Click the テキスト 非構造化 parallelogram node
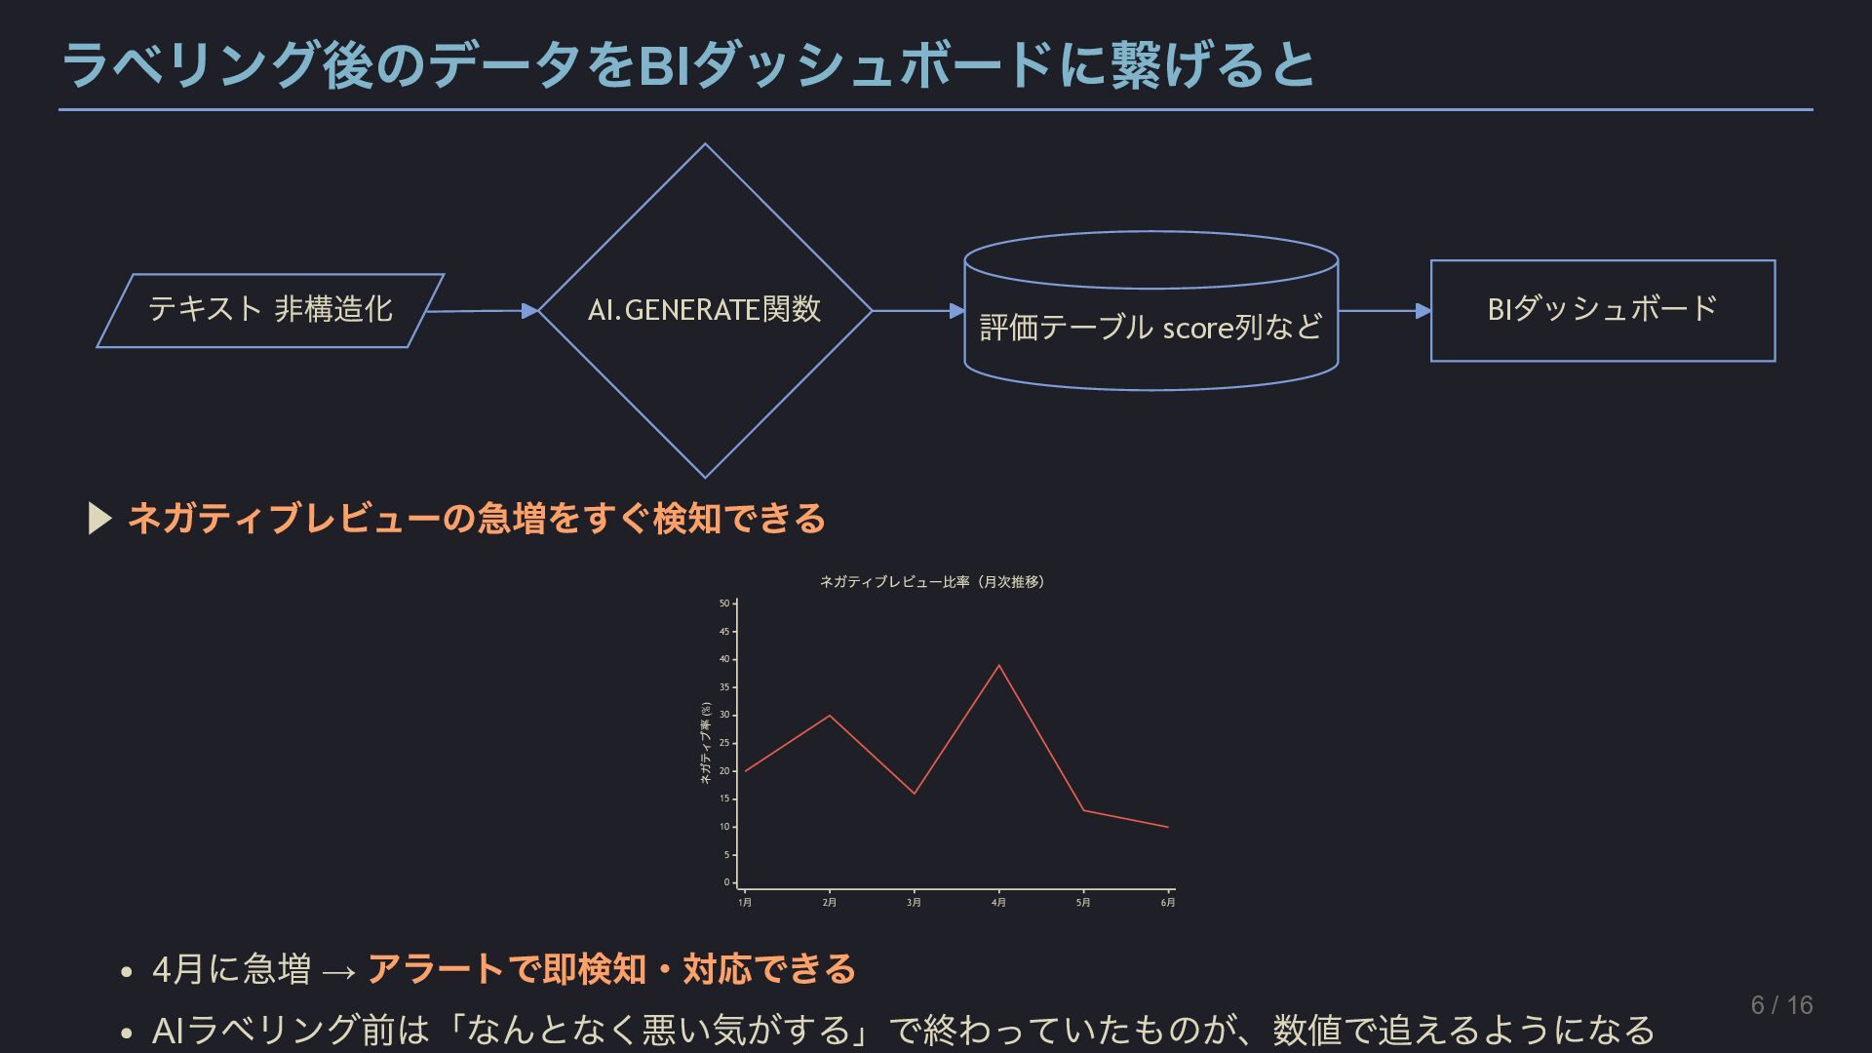tap(270, 310)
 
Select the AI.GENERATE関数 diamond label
tap(704, 310)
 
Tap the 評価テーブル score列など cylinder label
tap(1150, 327)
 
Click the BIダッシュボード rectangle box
tap(1602, 310)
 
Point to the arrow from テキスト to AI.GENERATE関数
tap(482, 311)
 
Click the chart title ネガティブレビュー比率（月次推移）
tap(931, 582)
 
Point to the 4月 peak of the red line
tap(998, 666)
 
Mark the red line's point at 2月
tap(830, 716)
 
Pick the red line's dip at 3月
tap(914, 793)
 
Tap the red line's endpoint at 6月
tap(1167, 827)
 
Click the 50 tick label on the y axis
tap(724, 604)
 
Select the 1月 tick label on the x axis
tap(745, 903)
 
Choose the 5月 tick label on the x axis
tap(1083, 903)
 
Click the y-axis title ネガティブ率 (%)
tap(706, 744)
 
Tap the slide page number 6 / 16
tap(1781, 1005)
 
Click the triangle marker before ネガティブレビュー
tap(99, 519)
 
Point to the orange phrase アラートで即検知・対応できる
tap(611, 969)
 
